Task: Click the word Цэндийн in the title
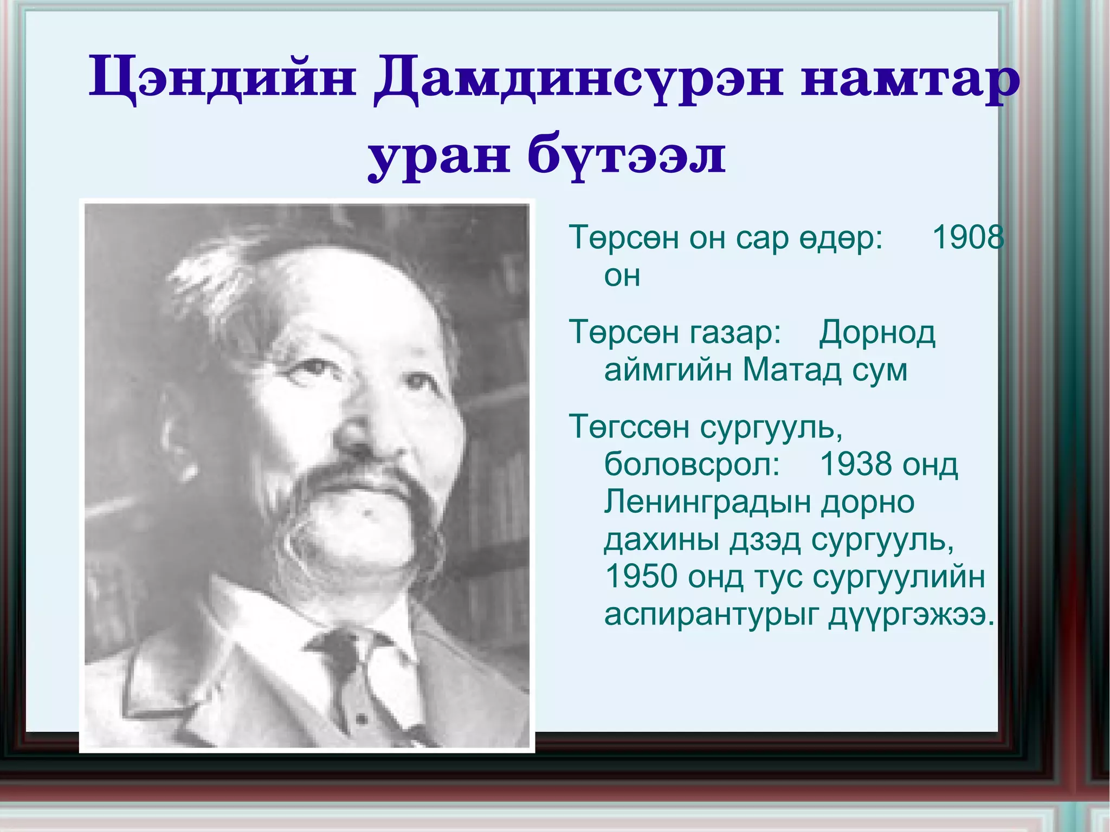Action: [x=222, y=81]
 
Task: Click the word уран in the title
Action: [x=439, y=157]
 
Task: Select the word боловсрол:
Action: [x=692, y=465]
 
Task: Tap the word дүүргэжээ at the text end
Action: [x=911, y=615]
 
